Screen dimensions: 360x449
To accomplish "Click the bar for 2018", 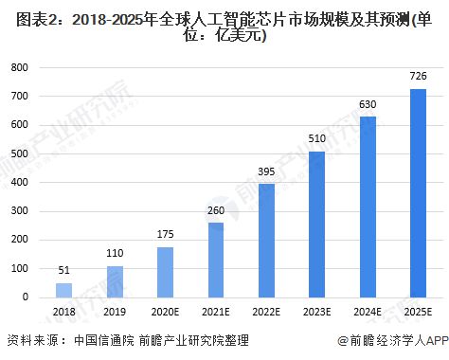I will tap(63, 290).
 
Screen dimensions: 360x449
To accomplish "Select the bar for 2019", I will tap(114, 281).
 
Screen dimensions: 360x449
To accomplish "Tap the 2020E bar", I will tap(165, 272).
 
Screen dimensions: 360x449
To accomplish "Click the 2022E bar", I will tap(266, 241).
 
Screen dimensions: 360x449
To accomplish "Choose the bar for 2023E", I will tap(316, 225).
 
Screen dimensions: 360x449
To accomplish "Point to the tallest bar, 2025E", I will tap(418, 193).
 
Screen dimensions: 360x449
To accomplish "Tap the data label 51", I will tap(63, 271).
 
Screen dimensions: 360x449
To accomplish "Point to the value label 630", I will tap(368, 104).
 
